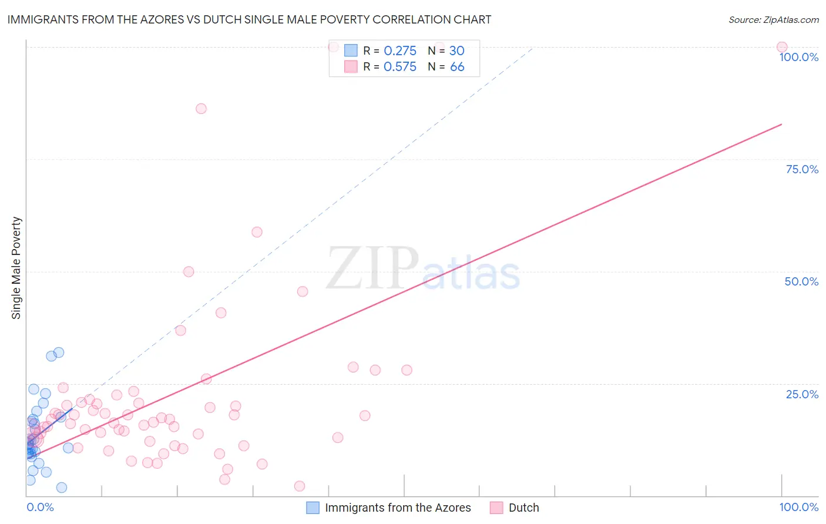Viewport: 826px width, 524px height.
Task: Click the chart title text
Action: [249, 19]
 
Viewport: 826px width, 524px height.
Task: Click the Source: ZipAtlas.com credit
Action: [773, 19]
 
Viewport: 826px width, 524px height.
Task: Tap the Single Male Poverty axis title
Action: [16, 268]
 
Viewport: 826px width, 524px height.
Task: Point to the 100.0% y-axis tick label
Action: [798, 57]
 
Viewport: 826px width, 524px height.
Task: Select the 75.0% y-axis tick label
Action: [802, 169]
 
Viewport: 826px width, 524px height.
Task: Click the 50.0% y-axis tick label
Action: [801, 281]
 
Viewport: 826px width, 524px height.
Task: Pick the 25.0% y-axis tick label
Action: [802, 394]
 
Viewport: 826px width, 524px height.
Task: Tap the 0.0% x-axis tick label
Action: [40, 507]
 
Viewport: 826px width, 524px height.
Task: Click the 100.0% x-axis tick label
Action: [798, 507]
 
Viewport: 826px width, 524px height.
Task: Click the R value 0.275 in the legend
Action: [399, 51]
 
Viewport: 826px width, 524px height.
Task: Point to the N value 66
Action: [457, 67]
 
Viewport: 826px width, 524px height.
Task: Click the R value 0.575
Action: [399, 67]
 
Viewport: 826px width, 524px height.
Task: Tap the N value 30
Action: [456, 51]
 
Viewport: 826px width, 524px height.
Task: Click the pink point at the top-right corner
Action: [781, 47]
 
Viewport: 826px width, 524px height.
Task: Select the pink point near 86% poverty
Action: [201, 109]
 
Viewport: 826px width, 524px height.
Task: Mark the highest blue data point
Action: [59, 352]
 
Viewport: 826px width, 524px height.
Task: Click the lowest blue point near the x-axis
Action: [62, 488]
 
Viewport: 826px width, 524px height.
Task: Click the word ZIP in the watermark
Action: [372, 269]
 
